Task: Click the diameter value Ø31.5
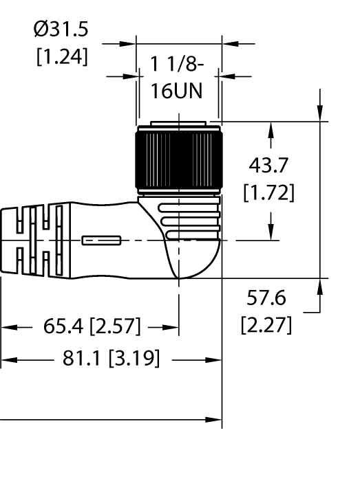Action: (61, 29)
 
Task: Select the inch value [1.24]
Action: (62, 56)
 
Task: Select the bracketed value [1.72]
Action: (269, 192)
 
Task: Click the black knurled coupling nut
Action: (178, 157)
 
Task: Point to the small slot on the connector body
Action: (101, 240)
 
